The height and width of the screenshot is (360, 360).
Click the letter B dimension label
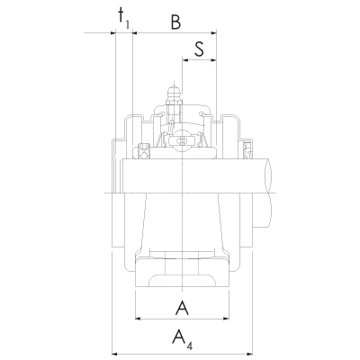pos(175,22)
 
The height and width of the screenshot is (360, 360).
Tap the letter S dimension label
pos(199,49)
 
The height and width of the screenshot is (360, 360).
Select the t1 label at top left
pos(123,18)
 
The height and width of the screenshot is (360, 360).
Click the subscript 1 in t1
pos(128,25)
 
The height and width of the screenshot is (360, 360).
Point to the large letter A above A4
pos(182,308)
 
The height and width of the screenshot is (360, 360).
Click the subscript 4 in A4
pos(189,346)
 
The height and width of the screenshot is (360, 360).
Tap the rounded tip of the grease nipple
pos(174,89)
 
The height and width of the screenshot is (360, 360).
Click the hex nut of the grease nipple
pos(174,103)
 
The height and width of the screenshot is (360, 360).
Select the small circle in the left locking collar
pos(144,156)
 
